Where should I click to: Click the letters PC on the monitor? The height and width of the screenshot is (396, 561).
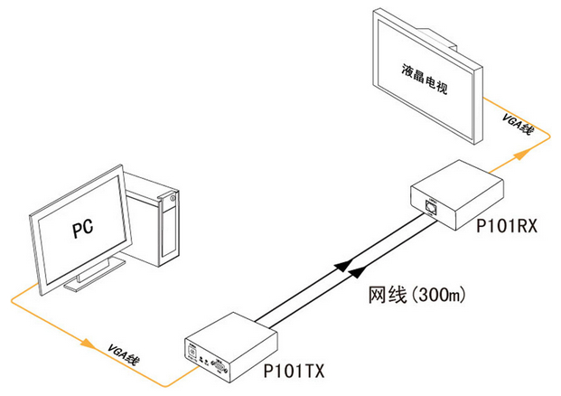coord(83,225)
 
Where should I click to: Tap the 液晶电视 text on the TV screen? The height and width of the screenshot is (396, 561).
coord(425,80)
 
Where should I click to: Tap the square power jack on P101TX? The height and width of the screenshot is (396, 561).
coord(191,348)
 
